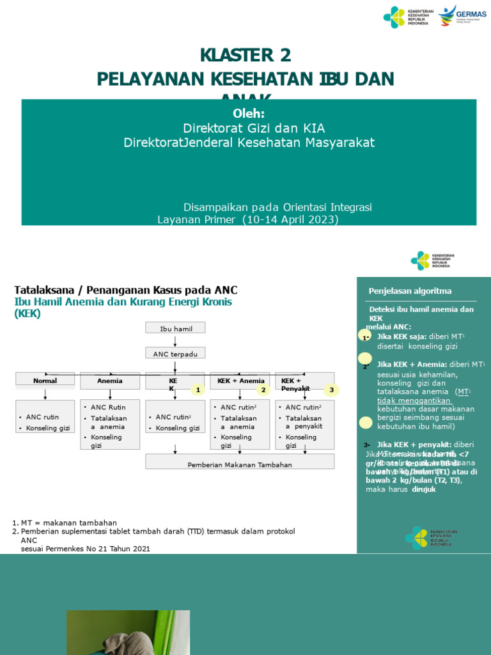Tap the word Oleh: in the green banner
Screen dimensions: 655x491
click(249, 113)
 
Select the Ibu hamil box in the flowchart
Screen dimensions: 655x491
click(175, 328)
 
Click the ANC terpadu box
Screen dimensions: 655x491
click(175, 353)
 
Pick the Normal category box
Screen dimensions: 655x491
click(45, 381)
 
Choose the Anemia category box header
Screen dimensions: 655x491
click(110, 381)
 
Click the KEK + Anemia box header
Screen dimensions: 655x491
click(240, 381)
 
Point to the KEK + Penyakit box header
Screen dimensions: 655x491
click(295, 384)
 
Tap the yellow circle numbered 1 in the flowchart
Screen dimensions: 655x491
click(198, 389)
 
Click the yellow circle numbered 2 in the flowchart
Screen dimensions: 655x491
click(262, 389)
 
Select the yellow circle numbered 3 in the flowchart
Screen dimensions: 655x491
click(331, 389)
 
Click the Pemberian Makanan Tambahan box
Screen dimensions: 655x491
click(240, 464)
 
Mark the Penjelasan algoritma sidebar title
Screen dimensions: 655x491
click(410, 291)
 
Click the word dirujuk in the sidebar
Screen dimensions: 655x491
click(424, 489)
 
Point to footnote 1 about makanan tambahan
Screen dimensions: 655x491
click(64, 523)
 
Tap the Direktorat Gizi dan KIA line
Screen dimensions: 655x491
click(249, 128)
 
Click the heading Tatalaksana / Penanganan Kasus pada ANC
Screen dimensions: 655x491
click(126, 290)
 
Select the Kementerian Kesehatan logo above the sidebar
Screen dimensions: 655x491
click(433, 260)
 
